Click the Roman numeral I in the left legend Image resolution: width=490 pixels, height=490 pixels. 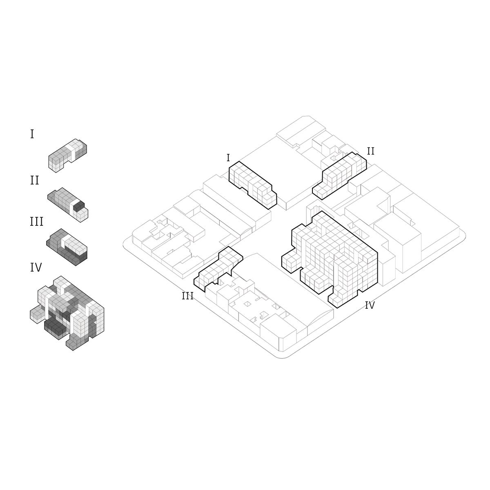pyautogui.click(x=32, y=134)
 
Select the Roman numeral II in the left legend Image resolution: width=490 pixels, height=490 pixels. pyautogui.click(x=35, y=180)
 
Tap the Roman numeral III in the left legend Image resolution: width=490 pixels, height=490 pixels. pyautogui.click(x=37, y=221)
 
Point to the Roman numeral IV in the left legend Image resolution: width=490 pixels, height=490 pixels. pyautogui.click(x=36, y=267)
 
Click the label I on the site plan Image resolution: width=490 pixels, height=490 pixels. pyautogui.click(x=228, y=158)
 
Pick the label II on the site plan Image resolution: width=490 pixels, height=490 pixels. pyautogui.click(x=371, y=151)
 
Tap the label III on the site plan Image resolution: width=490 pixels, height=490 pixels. pyautogui.click(x=188, y=296)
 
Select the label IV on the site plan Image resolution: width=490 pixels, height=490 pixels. pyautogui.click(x=370, y=305)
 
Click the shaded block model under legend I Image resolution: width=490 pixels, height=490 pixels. pyautogui.click(x=68, y=156)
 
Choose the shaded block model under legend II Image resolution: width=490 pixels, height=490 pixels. pyautogui.click(x=68, y=205)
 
